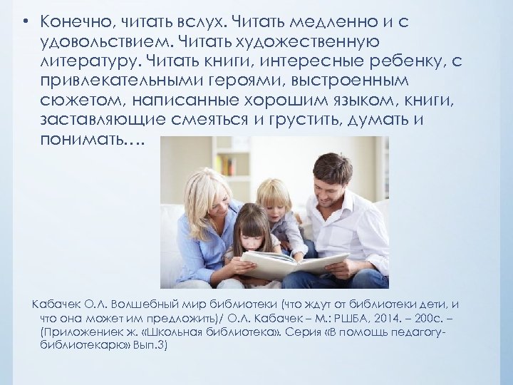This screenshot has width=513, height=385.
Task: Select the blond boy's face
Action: coord(275,200)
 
